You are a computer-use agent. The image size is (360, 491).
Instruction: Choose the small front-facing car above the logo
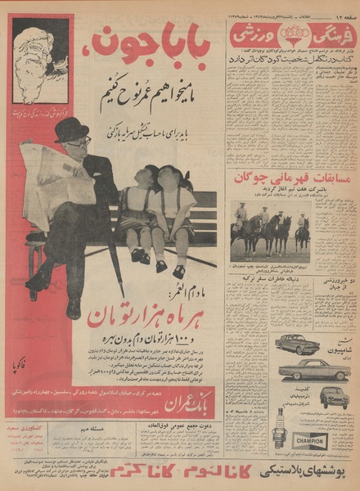coord(333,398)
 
